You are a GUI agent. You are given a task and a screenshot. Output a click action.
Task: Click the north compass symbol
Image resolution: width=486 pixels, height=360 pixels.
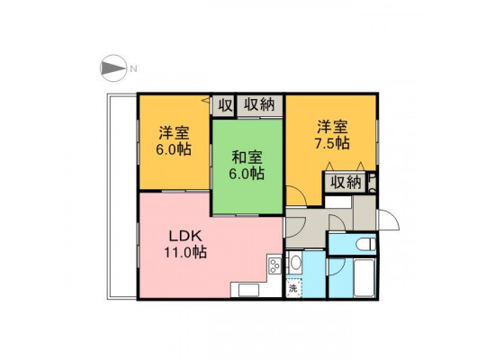[x=113, y=68]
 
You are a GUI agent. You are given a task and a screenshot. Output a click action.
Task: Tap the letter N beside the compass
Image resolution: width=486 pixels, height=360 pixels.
[x=133, y=68]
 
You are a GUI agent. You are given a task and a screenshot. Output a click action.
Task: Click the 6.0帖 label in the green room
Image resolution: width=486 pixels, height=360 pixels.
[x=247, y=174]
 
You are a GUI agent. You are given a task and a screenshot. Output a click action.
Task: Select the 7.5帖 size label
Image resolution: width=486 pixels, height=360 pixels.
[x=332, y=143]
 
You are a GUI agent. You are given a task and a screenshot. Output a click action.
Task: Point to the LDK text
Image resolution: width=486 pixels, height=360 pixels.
[x=185, y=237]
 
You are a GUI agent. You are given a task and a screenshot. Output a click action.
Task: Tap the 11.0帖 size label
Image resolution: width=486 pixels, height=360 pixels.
[x=185, y=252]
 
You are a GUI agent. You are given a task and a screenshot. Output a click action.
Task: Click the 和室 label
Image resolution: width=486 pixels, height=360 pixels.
[x=247, y=157]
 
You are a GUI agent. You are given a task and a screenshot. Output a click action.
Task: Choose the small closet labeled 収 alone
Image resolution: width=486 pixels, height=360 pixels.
[x=225, y=106]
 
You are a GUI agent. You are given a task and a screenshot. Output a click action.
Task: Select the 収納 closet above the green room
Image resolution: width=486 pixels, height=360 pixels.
[x=260, y=105]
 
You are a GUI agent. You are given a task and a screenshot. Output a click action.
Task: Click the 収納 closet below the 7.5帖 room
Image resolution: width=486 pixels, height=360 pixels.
[x=346, y=183]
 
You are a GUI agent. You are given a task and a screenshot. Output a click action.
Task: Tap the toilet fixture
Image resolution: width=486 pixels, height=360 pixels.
[x=365, y=244]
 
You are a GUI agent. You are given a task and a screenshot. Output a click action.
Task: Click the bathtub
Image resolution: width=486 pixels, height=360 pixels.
[x=364, y=278]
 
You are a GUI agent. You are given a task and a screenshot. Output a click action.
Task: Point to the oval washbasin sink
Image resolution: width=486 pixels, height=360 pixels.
[x=296, y=262]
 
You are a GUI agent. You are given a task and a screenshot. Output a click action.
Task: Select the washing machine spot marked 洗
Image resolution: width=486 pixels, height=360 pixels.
[x=293, y=289]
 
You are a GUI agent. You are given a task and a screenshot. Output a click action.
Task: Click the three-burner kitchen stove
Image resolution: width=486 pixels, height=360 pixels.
[x=274, y=266]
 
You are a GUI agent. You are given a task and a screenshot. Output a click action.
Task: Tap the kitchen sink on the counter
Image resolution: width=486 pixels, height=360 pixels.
[x=248, y=290]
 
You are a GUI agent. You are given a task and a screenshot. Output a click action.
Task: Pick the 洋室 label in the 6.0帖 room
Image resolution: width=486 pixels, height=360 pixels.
[x=174, y=133]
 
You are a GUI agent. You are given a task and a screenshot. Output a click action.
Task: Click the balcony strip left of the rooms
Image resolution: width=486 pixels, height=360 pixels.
[x=121, y=196]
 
